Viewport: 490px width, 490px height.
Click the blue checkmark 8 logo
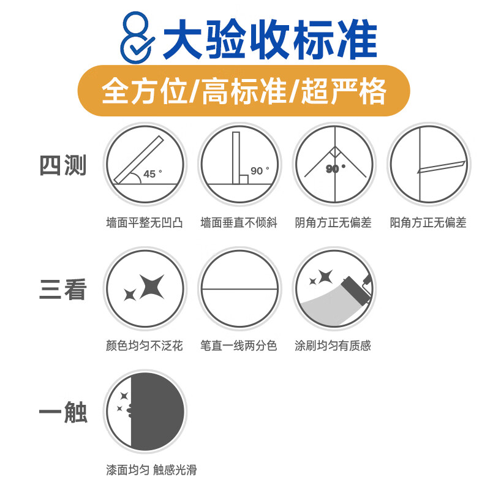pyautogui.click(x=136, y=38)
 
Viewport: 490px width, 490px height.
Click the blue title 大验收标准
pyautogui.click(x=270, y=38)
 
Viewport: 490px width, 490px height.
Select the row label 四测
pyautogui.click(x=63, y=166)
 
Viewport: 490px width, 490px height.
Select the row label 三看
pyautogui.click(x=63, y=290)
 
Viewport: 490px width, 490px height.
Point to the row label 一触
pyautogui.click(x=63, y=413)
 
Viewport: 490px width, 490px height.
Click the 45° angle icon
pyautogui.click(x=145, y=164)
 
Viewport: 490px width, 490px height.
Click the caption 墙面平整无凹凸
pyautogui.click(x=145, y=223)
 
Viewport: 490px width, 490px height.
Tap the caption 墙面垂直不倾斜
pyautogui.click(x=239, y=223)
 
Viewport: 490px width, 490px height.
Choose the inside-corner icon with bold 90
pyautogui.click(x=334, y=164)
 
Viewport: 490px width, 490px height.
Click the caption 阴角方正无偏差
pyautogui.click(x=333, y=223)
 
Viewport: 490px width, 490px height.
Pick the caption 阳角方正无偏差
pyautogui.click(x=428, y=223)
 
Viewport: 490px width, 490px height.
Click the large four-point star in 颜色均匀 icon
pyautogui.click(x=152, y=286)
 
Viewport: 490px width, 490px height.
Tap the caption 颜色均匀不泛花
pyautogui.click(x=145, y=346)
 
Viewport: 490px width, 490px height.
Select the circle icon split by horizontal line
pyautogui.click(x=239, y=288)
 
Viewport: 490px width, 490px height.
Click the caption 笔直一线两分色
pyautogui.click(x=239, y=346)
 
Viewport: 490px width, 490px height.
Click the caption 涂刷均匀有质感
pyautogui.click(x=333, y=346)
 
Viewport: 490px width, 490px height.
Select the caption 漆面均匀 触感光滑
pyautogui.click(x=151, y=470)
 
